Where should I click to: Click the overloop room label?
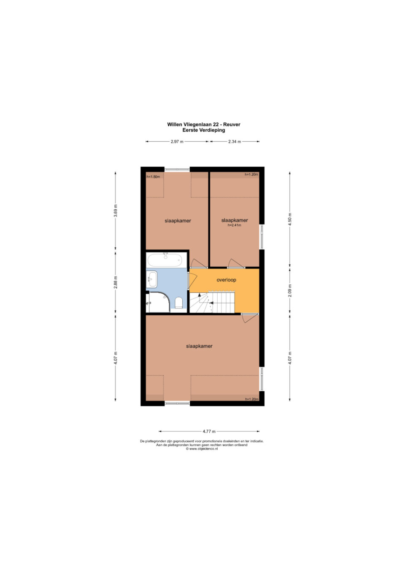coord(226,280)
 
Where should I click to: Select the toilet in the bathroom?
coord(178,303)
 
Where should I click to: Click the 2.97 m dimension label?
coord(177,141)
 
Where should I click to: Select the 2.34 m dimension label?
coord(235,141)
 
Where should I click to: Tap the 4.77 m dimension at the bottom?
coord(209,431)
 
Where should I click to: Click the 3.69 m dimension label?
coord(116,211)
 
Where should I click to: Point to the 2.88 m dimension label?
coord(116,282)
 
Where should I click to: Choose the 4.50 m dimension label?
coord(290,219)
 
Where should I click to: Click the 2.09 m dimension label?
coord(290,291)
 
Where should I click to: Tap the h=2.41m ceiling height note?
coord(235,225)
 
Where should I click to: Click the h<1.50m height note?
coord(153,176)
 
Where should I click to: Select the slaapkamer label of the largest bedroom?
coord(199,346)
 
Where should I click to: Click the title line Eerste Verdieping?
coord(203,130)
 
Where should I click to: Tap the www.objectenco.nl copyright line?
coord(202,449)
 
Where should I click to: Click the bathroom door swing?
coord(192,281)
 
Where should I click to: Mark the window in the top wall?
coord(177,169)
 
